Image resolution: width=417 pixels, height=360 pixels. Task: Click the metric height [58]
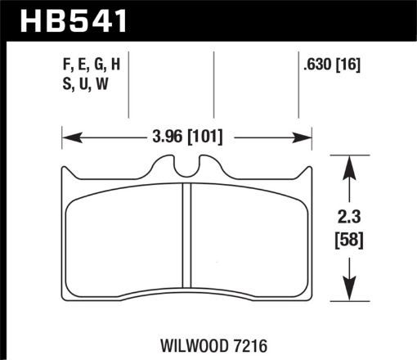(350, 241)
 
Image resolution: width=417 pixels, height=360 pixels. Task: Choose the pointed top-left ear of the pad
(65, 171)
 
